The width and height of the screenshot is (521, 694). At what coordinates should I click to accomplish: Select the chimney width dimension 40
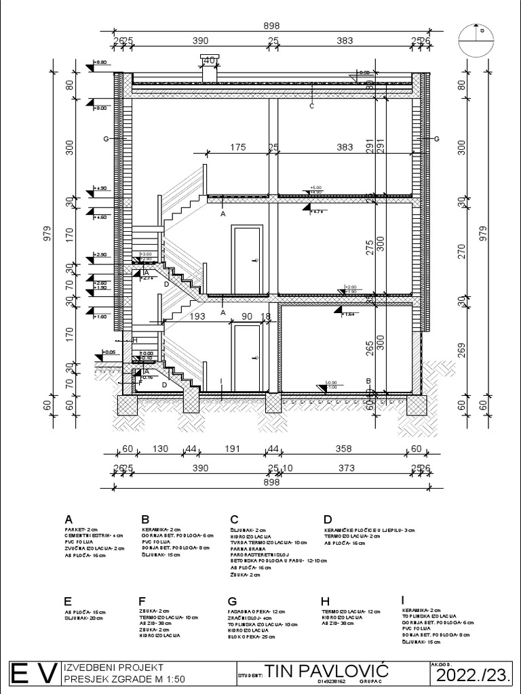point(210,61)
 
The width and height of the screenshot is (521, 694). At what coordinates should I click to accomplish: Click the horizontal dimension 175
point(237,147)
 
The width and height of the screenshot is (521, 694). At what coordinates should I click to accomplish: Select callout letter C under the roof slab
point(311,106)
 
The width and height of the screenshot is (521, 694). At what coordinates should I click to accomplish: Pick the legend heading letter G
point(233,600)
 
